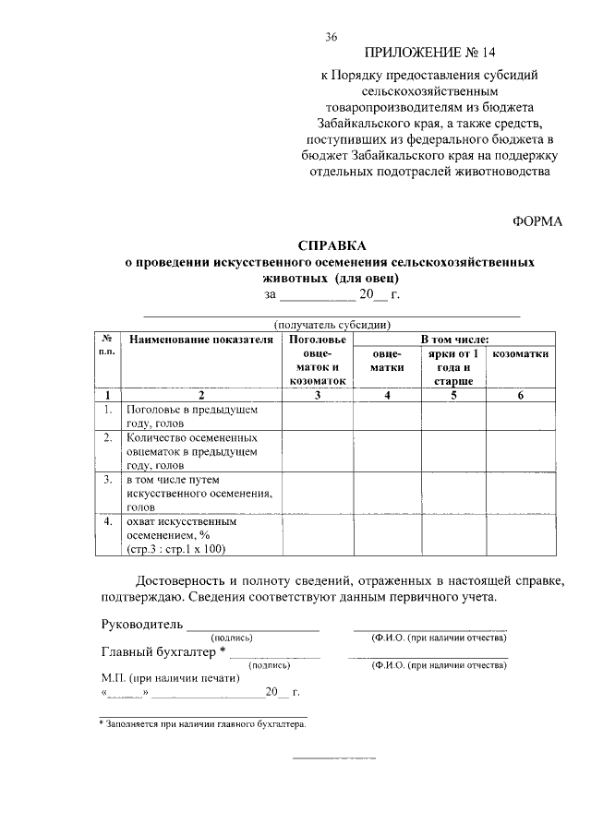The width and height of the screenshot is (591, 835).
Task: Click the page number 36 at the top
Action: click(x=332, y=37)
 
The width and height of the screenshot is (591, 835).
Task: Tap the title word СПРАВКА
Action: click(x=332, y=246)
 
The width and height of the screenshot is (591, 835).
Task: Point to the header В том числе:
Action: click(x=449, y=340)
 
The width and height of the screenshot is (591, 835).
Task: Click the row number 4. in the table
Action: click(x=108, y=521)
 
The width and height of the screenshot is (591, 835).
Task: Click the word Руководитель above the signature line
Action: click(x=141, y=625)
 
